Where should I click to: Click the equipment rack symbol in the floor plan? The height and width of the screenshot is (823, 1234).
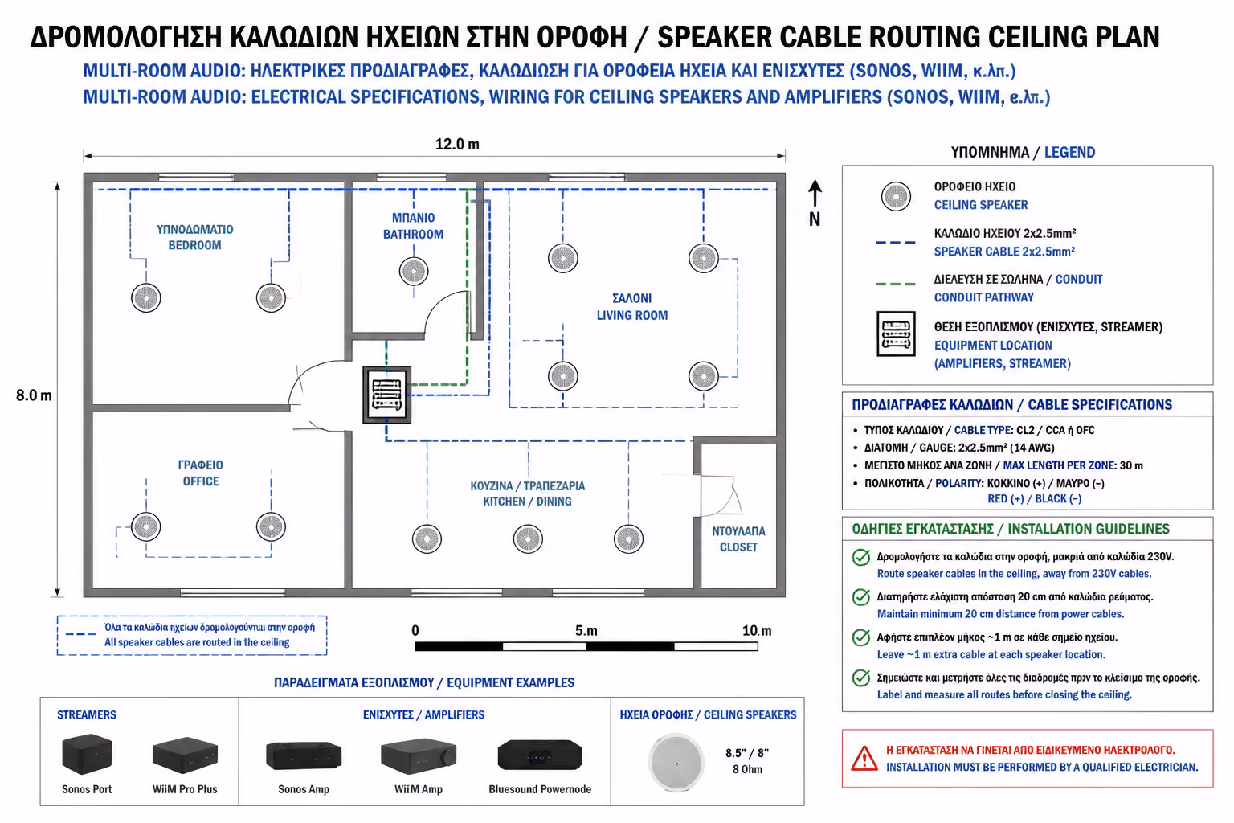point(386,395)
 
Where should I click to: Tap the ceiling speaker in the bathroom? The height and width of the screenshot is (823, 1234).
point(414,271)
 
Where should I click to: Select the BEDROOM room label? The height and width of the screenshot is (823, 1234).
point(194,245)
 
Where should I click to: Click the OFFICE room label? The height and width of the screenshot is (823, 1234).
point(201,481)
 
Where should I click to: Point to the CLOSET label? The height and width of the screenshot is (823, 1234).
point(738,547)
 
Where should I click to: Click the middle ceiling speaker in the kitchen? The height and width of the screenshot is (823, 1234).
point(528,538)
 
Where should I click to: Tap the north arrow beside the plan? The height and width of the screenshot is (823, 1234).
point(815,194)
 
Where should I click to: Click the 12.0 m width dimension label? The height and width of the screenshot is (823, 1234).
point(457,145)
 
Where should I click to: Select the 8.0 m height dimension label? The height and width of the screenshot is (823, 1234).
point(34,395)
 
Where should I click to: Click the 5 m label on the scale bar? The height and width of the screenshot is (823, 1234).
point(586,631)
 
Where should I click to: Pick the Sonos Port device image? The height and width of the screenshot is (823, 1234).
point(87,754)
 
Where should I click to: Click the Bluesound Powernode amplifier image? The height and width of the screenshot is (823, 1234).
point(539,755)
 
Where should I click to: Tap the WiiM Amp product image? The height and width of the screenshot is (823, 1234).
point(418,756)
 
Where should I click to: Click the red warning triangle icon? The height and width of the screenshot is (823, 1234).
point(864,759)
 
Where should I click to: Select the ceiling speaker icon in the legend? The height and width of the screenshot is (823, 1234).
point(896,196)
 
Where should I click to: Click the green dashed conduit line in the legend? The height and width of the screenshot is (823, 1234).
point(896,284)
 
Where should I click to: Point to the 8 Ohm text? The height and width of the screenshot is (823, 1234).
point(747,769)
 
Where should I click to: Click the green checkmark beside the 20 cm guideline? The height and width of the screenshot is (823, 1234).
point(860,597)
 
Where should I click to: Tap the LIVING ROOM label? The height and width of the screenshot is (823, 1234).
point(632,315)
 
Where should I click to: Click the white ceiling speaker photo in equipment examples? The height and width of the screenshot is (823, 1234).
point(676,763)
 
